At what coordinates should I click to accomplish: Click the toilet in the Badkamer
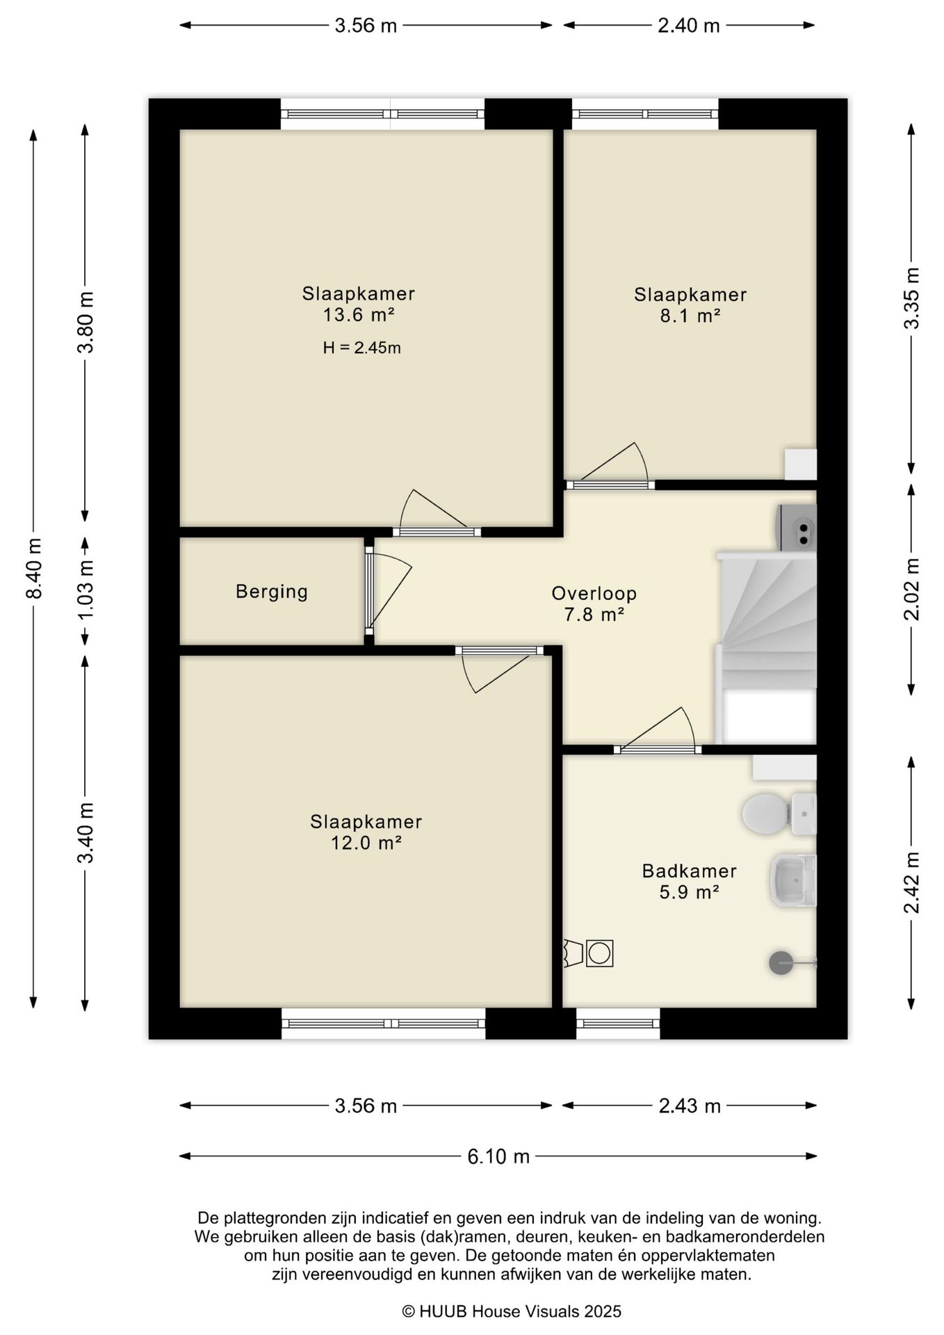779,814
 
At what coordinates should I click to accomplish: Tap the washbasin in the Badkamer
793,880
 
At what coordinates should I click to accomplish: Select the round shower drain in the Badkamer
781,962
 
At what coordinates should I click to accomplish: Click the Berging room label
272,592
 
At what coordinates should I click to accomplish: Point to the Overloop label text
594,593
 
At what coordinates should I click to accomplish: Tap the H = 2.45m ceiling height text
361,348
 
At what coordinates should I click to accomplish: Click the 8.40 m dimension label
33,568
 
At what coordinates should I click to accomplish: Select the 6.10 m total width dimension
498,1156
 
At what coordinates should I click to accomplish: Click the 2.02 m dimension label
911,589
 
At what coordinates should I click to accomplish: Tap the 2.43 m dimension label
690,1106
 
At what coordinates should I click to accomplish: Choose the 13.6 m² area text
359,315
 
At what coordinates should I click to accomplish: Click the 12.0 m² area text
366,843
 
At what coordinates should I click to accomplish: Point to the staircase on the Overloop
766,647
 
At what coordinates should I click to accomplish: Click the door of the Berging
388,591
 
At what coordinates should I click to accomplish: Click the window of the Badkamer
618,1023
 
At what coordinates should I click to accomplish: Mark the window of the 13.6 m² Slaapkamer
383,114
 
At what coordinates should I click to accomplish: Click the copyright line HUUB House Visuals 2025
512,1311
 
